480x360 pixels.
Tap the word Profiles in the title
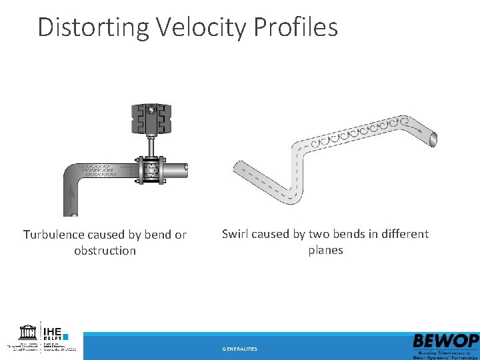coord(299,27)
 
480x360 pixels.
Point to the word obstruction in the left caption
coord(105,251)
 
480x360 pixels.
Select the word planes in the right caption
coord(325,250)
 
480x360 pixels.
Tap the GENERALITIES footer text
coord(240,349)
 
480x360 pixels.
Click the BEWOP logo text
coord(445,341)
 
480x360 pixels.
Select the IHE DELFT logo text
coord(54,332)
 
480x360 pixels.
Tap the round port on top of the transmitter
coord(152,109)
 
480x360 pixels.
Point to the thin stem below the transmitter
coord(152,145)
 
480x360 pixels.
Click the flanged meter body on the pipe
coord(152,171)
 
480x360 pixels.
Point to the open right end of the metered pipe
coord(186,171)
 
